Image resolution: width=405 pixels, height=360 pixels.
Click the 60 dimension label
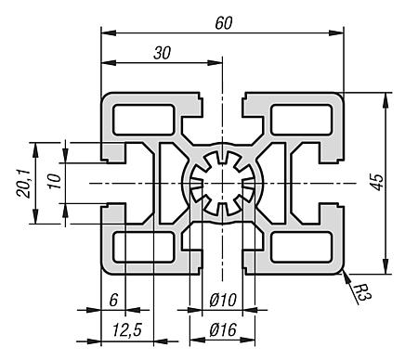pyautogui.click(x=224, y=23)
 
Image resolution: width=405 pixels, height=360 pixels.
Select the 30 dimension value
pyautogui.click(x=162, y=53)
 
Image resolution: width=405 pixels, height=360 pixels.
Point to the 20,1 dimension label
pyautogui.click(x=23, y=184)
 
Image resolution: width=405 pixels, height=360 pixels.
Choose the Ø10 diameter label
pyautogui.click(x=223, y=300)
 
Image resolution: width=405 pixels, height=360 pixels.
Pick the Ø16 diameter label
pyautogui.click(x=223, y=329)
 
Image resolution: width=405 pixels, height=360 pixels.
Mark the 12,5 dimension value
pyautogui.click(x=127, y=330)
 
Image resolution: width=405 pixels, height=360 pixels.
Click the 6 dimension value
pyautogui.click(x=113, y=300)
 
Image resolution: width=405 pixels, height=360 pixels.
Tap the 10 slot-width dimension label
pyautogui.click(x=55, y=182)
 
